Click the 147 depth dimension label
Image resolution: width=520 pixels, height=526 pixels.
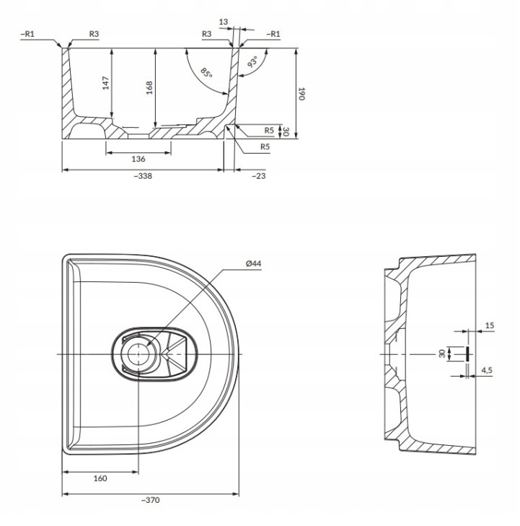[106, 83]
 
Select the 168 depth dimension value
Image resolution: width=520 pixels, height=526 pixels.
[149, 87]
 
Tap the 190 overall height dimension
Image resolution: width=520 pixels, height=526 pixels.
[301, 94]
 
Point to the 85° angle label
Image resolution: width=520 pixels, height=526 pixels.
[206, 73]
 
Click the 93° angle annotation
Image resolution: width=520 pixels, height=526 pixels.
[253, 62]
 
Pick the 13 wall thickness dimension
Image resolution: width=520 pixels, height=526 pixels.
[224, 22]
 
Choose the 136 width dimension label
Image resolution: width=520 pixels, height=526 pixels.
[138, 159]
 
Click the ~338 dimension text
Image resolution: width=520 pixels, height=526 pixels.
[143, 176]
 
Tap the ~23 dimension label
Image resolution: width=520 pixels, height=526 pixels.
[259, 176]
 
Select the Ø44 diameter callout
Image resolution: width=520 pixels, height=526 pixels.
[253, 263]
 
